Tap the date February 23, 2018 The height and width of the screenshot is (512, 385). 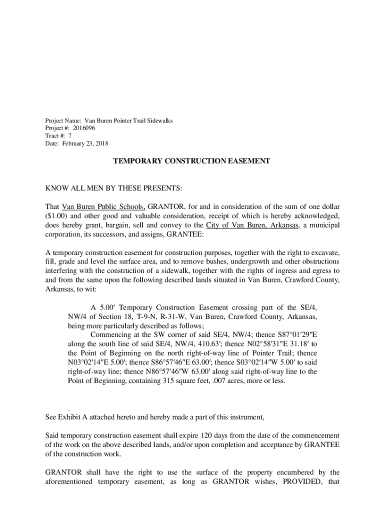tap(85, 143)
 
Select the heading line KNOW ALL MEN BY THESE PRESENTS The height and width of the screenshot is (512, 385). tap(114, 188)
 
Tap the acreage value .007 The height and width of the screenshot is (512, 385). tap(219, 381)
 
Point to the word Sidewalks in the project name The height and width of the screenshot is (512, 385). tap(157, 120)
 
